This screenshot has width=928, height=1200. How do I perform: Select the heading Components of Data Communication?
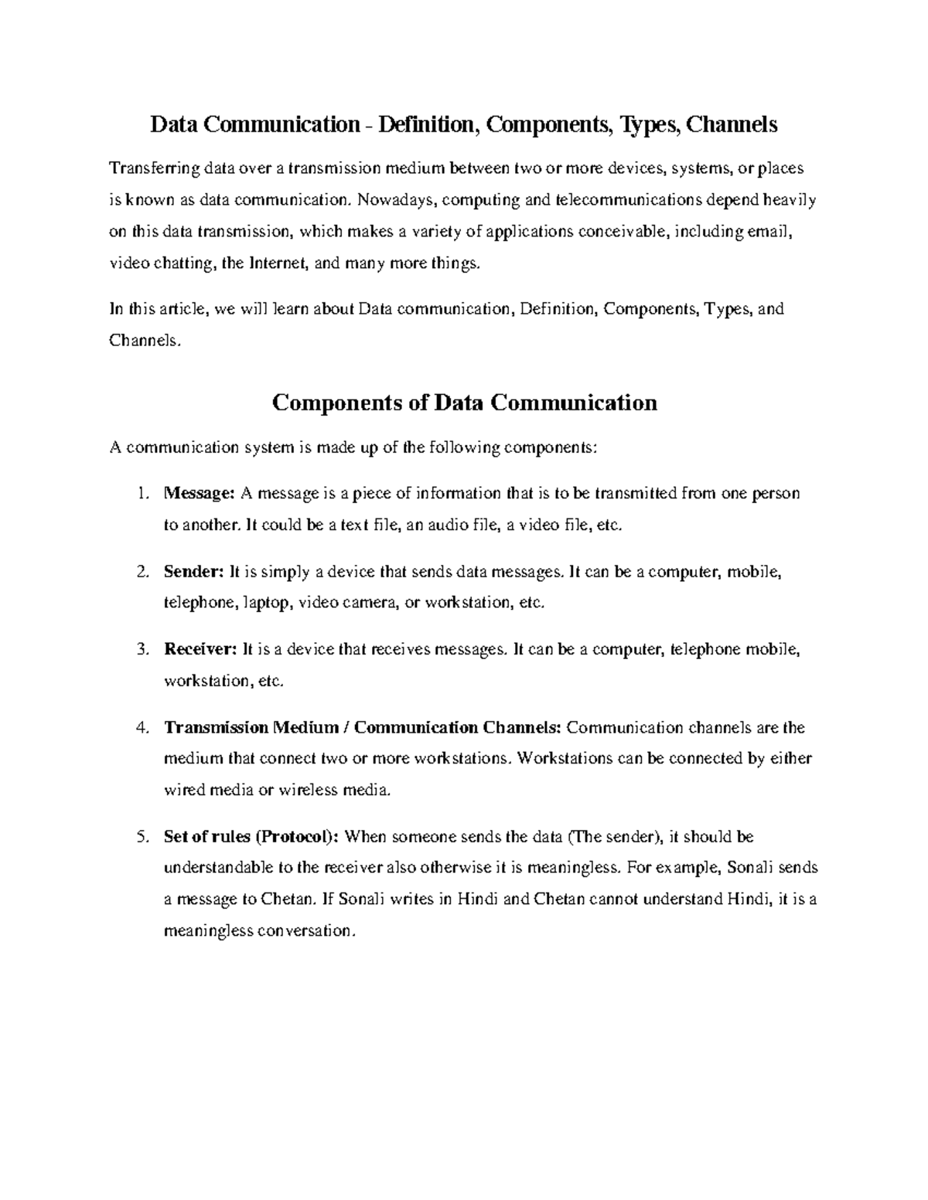tap(464, 403)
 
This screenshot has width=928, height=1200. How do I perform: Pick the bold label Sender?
tap(193, 572)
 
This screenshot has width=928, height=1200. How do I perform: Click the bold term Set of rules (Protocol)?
tap(251, 837)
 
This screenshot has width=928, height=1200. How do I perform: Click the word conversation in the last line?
tap(305, 930)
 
